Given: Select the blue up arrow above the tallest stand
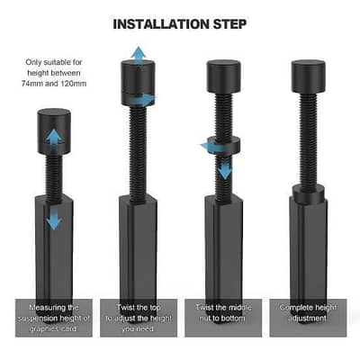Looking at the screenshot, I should [x=138, y=54].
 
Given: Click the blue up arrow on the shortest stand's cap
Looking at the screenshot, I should [x=54, y=136].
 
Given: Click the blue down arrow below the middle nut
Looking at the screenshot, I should [x=223, y=167].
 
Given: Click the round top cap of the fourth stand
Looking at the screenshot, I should [x=307, y=75].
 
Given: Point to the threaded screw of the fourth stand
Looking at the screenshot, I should [x=307, y=135].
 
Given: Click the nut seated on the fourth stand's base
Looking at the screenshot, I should [x=307, y=191].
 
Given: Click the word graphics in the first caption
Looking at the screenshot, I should [x=52, y=328].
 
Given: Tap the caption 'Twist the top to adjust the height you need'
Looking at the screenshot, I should [x=139, y=317].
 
